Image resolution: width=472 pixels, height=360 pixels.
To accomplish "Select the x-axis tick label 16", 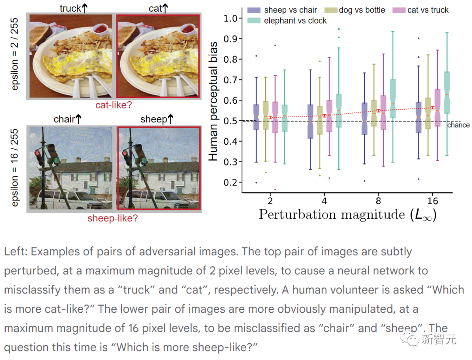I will pos(432,201).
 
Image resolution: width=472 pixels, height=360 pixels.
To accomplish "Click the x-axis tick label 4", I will pos(324,201).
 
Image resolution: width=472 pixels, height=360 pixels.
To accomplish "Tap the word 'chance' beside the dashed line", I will pos(458,126).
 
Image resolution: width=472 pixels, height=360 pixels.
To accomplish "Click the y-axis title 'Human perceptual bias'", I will pos(213,100).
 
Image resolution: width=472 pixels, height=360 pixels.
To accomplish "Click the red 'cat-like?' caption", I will pos(114,105).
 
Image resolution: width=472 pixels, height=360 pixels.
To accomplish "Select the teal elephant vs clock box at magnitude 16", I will pos(447,93).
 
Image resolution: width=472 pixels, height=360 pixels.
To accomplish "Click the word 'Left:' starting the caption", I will pos(16,252).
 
